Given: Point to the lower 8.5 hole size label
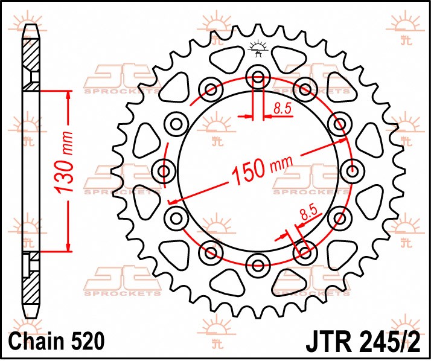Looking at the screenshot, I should (308, 214).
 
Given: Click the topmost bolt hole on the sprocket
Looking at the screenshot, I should (258, 77).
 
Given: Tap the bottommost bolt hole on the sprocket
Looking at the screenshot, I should (258, 264).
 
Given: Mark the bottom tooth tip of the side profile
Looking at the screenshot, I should (31, 318).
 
